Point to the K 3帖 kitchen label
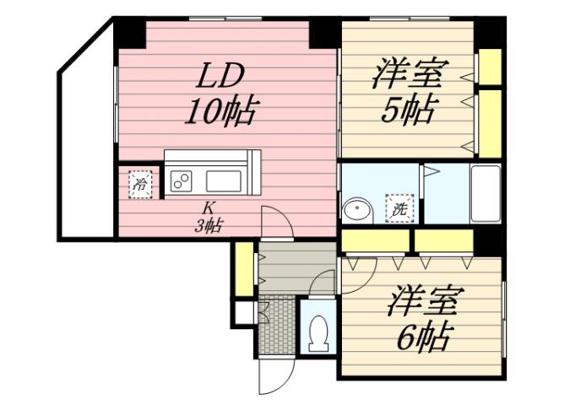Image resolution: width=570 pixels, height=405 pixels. tap(207, 217)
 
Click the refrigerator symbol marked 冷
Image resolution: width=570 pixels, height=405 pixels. tap(141, 183)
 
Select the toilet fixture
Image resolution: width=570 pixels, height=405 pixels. tap(318, 334)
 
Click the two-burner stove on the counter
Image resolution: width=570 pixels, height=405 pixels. tap(182, 180)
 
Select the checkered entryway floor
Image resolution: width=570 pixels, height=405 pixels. tap(276, 326)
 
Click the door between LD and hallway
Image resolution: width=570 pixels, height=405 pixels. tap(278, 224)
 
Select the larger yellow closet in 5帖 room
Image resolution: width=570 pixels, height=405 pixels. tap(489, 123)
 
